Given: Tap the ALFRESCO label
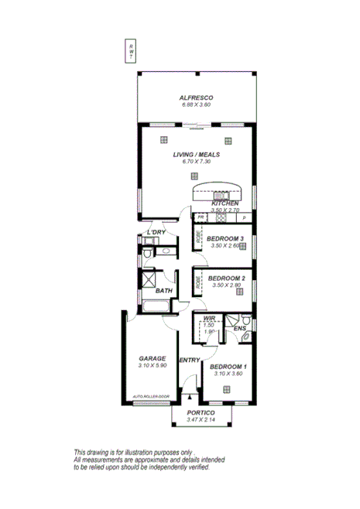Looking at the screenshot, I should [x=196, y=97].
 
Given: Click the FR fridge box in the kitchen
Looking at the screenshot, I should [x=201, y=218].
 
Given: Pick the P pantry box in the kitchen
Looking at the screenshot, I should [x=244, y=218].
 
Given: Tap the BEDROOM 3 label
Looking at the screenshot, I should [x=225, y=239].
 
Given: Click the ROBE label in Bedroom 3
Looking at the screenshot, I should [x=197, y=241].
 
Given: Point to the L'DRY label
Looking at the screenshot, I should [x=156, y=232].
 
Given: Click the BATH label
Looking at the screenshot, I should [x=163, y=291].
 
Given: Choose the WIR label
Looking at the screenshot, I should [x=208, y=318].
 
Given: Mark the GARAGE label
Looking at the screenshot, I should [x=152, y=358].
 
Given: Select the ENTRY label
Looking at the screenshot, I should [x=190, y=360].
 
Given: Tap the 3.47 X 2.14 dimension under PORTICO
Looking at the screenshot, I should [x=200, y=420].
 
